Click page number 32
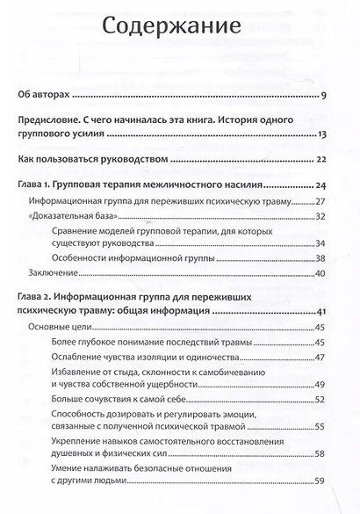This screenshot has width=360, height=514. [321, 217]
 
